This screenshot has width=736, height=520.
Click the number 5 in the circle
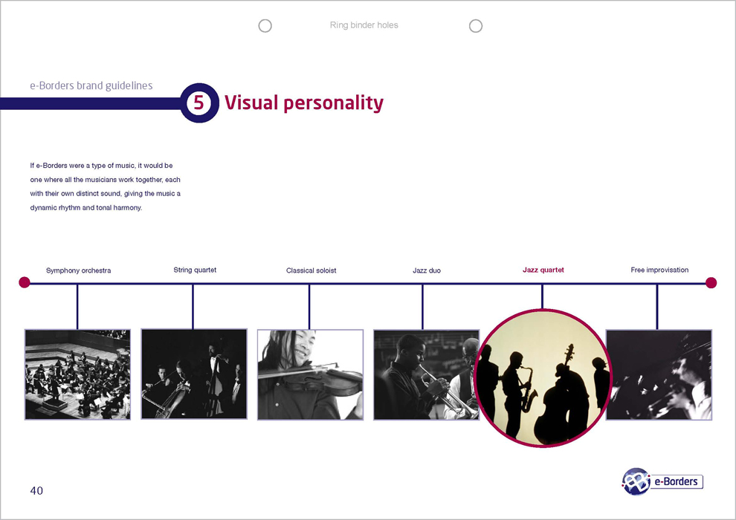pos(199,103)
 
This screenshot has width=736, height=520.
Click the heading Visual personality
pos(304,103)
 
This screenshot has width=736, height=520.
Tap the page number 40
pos(36,490)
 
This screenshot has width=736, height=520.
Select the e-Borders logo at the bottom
pos(662,481)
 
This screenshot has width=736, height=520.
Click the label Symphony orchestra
pos(78,270)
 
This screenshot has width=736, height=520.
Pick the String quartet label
pos(195,270)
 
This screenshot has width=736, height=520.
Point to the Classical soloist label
pos(311,270)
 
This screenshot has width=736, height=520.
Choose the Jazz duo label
pos(427,270)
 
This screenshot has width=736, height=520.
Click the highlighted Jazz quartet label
pos(543,270)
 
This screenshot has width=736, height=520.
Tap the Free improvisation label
pos(659,270)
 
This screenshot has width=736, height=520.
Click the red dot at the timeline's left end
pos(25,282)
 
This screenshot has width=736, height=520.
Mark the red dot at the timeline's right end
pos(711,283)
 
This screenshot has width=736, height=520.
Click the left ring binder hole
pos(265,26)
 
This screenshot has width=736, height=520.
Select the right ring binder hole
pos(476,26)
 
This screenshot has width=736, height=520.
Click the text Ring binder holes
pos(364,25)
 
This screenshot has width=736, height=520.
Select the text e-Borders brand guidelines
pos(91,86)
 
